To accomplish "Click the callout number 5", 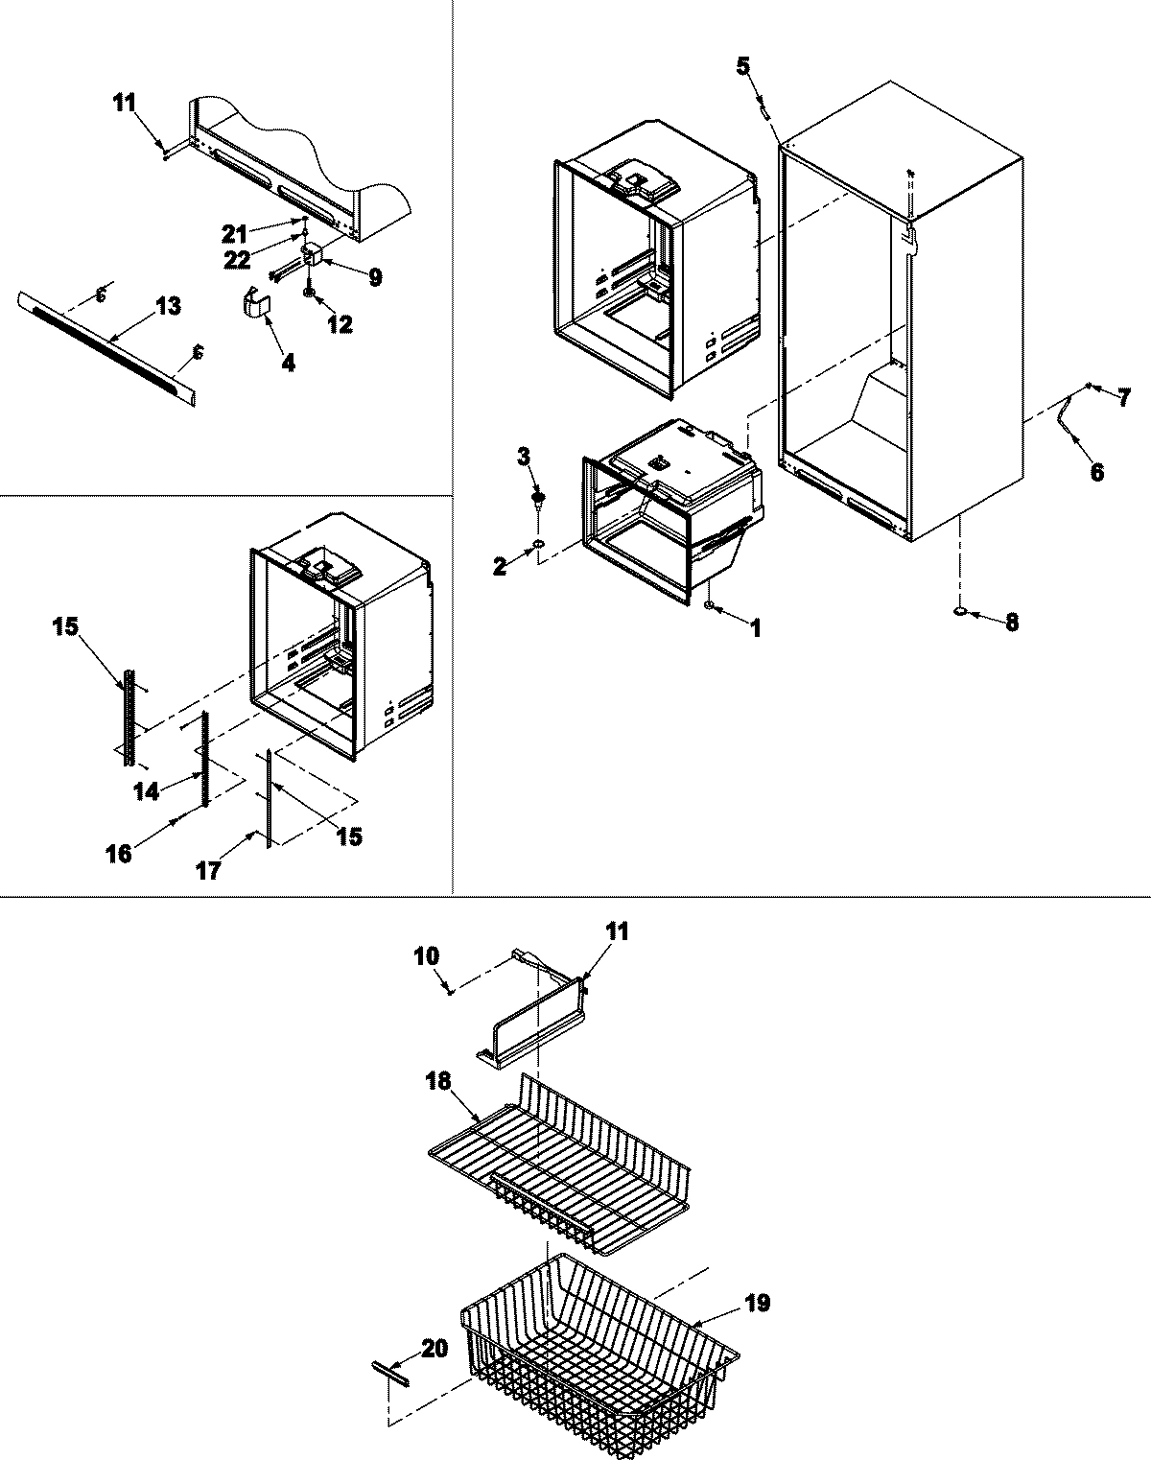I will (x=743, y=66).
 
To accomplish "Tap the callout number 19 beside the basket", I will (x=756, y=1304).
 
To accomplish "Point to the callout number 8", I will (x=1012, y=623).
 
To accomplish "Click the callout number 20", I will (x=434, y=1349).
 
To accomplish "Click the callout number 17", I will (x=208, y=870).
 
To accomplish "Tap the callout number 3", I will (x=524, y=457).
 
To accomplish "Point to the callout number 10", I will (x=427, y=956).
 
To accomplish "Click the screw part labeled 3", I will (x=541, y=499).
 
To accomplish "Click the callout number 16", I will (x=119, y=853).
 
